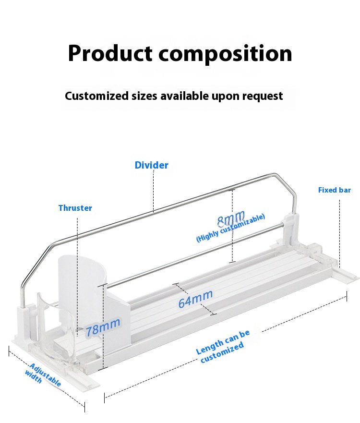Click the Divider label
click(x=151, y=165)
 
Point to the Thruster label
click(x=75, y=208)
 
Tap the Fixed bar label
click(x=334, y=190)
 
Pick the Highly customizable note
click(x=230, y=229)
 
